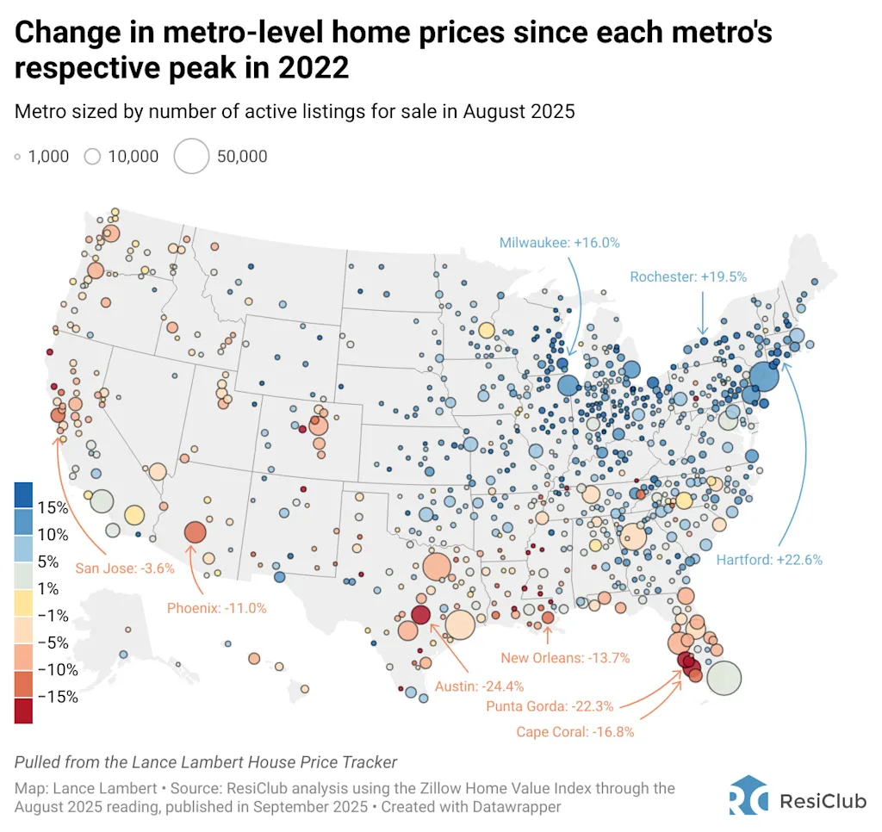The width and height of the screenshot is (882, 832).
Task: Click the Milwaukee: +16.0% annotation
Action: (x=560, y=243)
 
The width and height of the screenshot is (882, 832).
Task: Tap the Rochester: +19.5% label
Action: (x=688, y=276)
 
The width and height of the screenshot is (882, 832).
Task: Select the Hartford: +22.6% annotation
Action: (x=769, y=559)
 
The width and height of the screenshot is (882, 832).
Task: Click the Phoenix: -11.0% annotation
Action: (x=214, y=608)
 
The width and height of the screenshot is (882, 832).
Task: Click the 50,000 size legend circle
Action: (x=191, y=156)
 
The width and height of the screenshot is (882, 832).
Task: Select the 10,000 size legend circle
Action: (x=93, y=156)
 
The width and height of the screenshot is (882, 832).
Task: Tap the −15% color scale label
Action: (x=58, y=697)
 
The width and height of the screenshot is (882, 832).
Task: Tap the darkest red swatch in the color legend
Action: (x=24, y=711)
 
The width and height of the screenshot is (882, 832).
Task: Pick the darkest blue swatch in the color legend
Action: (x=24, y=494)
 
